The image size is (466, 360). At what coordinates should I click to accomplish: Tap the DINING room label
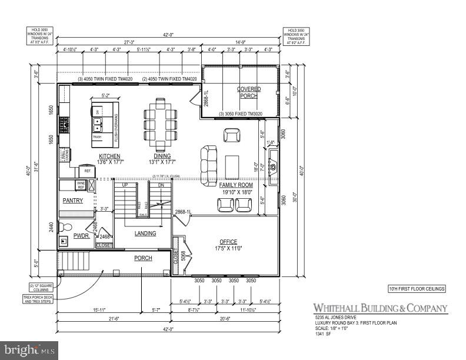[x=161, y=156]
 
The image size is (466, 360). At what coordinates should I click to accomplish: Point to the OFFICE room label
[x=228, y=242]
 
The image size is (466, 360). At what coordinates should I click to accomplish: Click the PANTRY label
[x=73, y=201]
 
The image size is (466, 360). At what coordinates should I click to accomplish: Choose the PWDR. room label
[x=81, y=235]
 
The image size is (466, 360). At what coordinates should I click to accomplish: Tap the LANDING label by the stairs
[x=145, y=234]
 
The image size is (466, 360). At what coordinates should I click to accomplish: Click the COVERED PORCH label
[x=249, y=92]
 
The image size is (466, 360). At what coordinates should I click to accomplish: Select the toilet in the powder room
[x=66, y=226]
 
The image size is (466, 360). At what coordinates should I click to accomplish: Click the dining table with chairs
[x=161, y=124]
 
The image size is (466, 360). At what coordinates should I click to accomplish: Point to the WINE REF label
[x=81, y=185]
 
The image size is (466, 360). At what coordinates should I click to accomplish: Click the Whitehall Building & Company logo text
[x=380, y=308]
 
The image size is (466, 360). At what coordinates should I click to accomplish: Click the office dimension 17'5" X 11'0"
[x=228, y=248]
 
